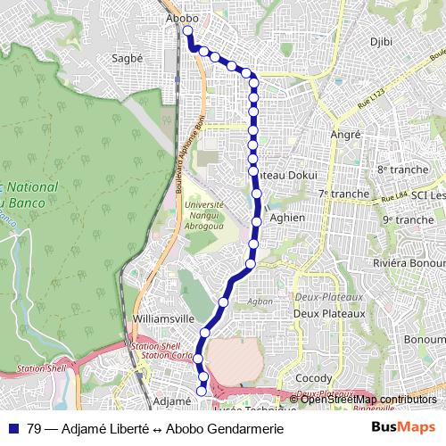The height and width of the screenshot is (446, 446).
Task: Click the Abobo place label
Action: [x=182, y=17]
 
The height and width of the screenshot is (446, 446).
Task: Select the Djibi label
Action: [x=381, y=42]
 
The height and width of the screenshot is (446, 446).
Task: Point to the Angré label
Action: [x=345, y=134]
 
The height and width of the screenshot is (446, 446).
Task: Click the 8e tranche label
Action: [x=402, y=169]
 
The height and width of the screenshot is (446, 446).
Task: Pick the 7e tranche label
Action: [x=343, y=194]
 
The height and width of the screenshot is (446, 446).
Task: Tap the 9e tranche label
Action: [x=408, y=219]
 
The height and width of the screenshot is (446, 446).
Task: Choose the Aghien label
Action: [x=286, y=218]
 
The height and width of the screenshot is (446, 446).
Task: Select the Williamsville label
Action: [x=162, y=318]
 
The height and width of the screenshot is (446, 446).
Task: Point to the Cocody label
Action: [x=313, y=378]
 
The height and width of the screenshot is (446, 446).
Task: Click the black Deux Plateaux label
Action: [x=329, y=313]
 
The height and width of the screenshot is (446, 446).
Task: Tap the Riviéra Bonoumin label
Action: [x=409, y=264]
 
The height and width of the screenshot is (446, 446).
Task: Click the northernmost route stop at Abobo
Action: [x=187, y=31]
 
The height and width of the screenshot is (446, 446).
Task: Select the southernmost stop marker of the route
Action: [x=202, y=389]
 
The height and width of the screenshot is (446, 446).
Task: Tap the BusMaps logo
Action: [x=403, y=428]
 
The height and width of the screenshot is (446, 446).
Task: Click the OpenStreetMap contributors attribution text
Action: [x=368, y=399]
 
